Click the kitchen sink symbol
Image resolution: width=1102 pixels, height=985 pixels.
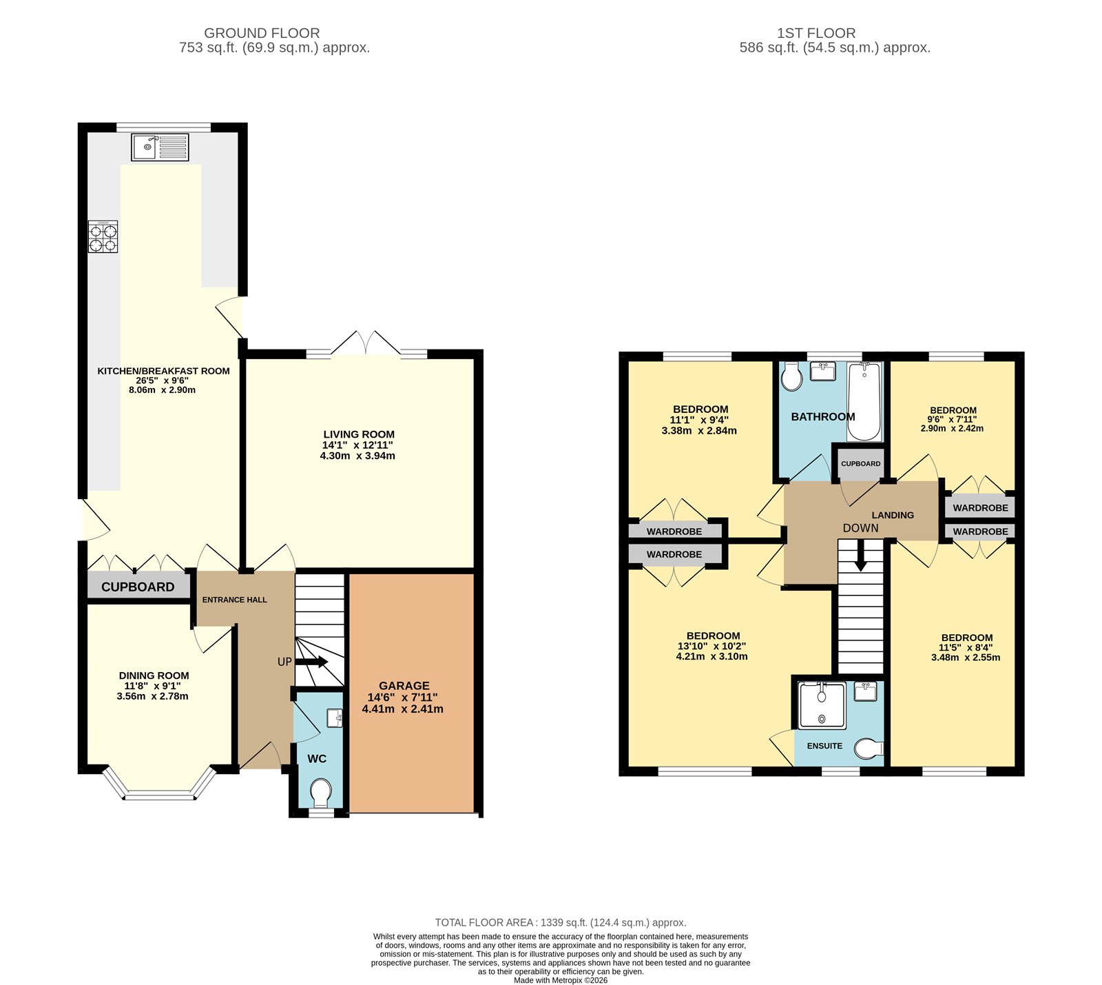coord(160,147)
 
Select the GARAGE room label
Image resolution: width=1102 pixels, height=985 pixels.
coord(404,685)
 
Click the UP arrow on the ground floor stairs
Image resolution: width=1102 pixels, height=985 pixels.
coord(312,662)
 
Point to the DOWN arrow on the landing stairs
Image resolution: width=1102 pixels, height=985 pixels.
coord(860,556)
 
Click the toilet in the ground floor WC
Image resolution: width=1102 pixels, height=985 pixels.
coord(320,793)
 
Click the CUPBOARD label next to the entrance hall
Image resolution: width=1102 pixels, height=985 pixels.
coord(138,587)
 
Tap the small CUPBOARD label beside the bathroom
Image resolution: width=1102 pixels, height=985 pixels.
coord(860,463)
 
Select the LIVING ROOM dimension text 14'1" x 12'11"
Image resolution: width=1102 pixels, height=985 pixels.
coord(359,445)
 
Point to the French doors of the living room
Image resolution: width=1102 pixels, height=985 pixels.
coord(366,344)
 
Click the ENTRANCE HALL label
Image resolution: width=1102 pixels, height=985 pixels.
coord(234,600)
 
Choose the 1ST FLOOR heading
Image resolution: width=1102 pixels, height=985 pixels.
coord(815,33)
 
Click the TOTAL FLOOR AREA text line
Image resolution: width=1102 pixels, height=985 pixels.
coord(560,922)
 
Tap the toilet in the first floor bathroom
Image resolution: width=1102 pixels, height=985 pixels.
coord(791,377)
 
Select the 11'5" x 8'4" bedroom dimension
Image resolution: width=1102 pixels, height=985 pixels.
coord(966,647)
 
